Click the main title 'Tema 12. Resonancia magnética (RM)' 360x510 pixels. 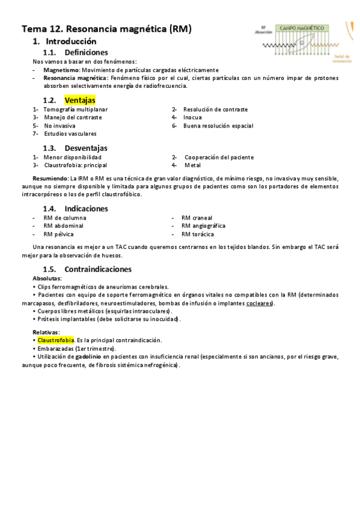tap(106, 29)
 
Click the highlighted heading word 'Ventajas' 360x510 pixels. tap(80, 100)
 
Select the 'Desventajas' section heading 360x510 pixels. tap(86, 148)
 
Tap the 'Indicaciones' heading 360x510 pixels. tap(87, 209)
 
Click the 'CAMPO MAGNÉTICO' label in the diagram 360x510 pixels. tap(302, 28)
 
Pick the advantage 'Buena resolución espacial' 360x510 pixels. tap(218, 126)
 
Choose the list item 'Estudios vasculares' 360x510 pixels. tap(70, 134)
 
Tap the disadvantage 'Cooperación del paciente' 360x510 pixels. tap(219, 157)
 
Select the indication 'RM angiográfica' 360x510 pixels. tap(203, 226)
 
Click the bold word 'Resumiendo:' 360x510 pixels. tap(50, 179)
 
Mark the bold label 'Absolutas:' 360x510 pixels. tap(47, 278)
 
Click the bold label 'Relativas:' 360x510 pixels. tap(46, 332)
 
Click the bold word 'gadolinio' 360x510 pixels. tap(91, 357)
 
